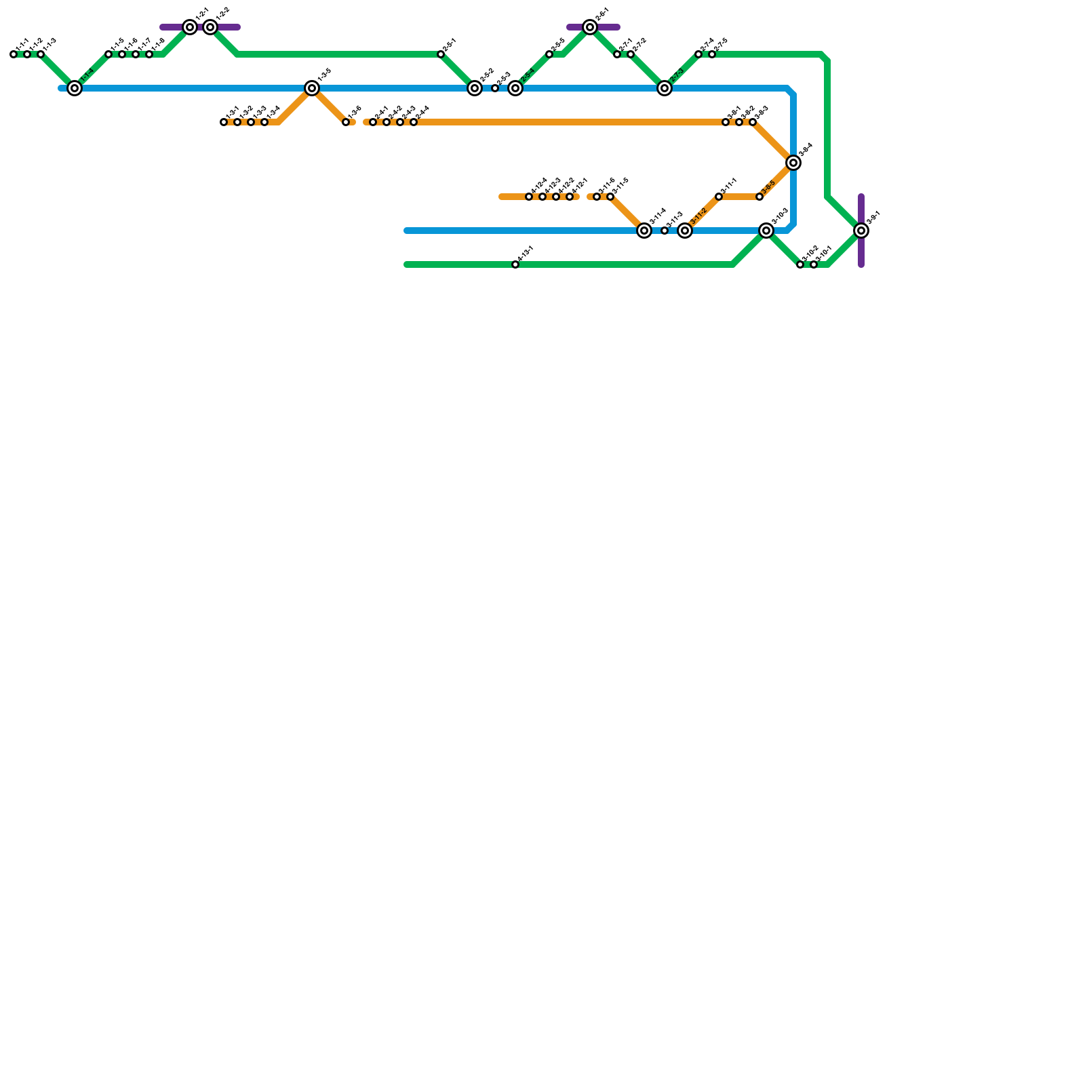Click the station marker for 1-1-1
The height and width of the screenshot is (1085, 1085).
[x=14, y=54]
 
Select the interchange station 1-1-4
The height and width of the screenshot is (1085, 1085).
[x=75, y=88]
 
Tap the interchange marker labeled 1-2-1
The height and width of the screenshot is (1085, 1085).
[x=190, y=27]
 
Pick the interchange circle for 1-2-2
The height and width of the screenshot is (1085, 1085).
[x=210, y=27]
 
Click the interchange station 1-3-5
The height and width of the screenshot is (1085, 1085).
[x=312, y=88]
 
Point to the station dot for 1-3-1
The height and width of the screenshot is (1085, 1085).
[x=224, y=122]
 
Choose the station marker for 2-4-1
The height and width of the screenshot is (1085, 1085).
[x=373, y=122]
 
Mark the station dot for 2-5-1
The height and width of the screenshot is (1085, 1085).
[x=441, y=54]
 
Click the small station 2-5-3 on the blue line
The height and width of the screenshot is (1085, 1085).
[x=495, y=88]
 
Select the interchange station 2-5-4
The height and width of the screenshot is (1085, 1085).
[x=515, y=88]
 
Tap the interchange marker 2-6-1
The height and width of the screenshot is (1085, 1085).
[x=590, y=27]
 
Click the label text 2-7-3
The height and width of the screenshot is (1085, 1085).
[x=677, y=76]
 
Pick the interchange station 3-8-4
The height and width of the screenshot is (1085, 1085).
[x=793, y=163]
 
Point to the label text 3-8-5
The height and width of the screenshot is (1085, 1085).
[x=768, y=188]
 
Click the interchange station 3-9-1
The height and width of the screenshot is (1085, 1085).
[x=861, y=231]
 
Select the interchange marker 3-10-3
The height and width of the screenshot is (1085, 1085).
[x=766, y=231]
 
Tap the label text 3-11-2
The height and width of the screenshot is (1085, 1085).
[x=698, y=218]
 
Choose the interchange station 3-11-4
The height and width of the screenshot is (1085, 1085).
[x=644, y=231]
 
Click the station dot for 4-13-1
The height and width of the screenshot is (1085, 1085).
[x=515, y=264]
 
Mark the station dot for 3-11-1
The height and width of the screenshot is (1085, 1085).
[x=719, y=197]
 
